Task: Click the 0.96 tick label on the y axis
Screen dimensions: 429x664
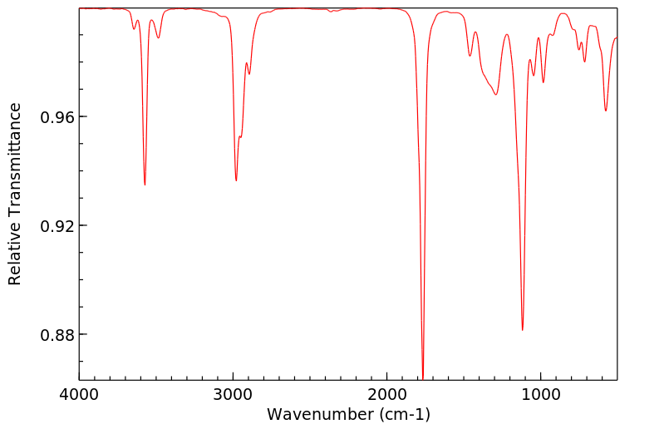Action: point(57,117)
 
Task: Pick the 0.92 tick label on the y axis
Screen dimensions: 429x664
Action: point(57,226)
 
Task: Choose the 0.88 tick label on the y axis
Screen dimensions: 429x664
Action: point(57,335)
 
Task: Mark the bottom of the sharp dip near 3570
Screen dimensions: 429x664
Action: point(145,185)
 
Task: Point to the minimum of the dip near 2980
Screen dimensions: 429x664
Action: point(236,180)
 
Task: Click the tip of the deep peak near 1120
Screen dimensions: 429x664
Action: point(522,330)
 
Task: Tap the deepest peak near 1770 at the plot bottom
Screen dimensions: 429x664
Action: point(423,377)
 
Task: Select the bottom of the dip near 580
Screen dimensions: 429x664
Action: point(606,111)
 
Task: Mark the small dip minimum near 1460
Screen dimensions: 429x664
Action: point(470,57)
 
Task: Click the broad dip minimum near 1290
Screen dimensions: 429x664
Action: point(496,95)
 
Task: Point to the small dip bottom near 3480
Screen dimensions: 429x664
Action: point(159,37)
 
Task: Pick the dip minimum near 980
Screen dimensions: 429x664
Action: point(543,82)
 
